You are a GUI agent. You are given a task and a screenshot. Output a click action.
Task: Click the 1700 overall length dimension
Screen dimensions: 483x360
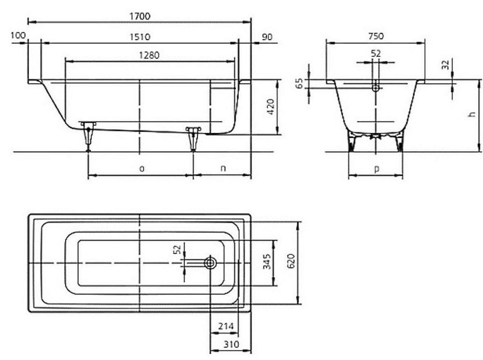coord(140,16)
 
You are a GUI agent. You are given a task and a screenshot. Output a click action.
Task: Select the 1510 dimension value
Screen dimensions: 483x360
coord(140,37)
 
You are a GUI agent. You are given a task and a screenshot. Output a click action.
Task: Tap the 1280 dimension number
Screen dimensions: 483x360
coord(149,55)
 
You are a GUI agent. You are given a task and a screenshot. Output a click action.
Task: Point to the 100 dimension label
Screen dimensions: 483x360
coord(18,35)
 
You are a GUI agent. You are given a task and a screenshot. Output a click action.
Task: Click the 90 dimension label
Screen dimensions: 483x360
coord(267,37)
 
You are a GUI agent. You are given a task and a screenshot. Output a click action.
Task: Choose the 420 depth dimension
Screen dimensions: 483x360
coord(270,107)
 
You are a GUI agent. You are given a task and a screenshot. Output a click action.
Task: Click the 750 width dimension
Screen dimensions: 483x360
coord(376,36)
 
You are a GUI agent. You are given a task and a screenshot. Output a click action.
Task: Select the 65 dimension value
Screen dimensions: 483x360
coord(299,84)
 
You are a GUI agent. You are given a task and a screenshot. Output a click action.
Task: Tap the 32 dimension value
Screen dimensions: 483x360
coord(446,65)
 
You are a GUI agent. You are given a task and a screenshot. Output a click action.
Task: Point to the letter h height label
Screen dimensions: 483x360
coord(471,114)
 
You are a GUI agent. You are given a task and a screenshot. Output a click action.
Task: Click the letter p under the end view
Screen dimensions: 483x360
coord(376,169)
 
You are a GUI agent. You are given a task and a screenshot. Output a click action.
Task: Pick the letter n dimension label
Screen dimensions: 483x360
coord(223,168)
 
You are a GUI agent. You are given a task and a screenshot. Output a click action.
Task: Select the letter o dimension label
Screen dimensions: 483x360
coord(141,168)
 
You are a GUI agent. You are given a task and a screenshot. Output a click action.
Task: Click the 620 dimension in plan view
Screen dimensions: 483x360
coord(291,261)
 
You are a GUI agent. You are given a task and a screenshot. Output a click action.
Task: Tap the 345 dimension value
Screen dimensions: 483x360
coord(267,261)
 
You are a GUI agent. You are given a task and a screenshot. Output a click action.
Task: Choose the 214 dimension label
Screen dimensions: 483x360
coord(226,326)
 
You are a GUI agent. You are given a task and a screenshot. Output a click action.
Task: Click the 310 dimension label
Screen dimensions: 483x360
coord(231,344)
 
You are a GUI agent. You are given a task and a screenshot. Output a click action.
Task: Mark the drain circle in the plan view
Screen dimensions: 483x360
coord(210,263)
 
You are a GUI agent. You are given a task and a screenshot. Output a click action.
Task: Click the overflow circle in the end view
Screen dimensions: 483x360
coord(376,88)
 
